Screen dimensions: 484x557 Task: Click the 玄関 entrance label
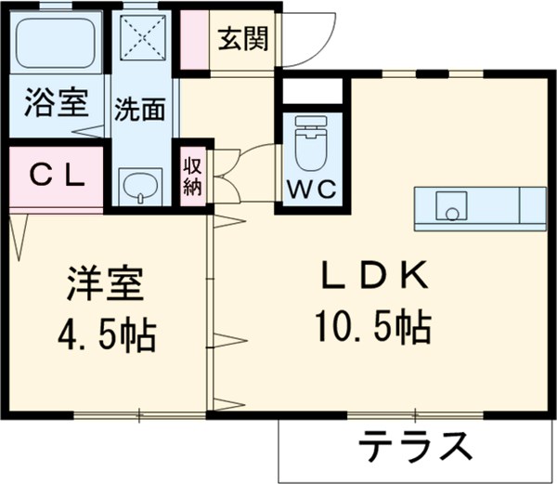(244, 39)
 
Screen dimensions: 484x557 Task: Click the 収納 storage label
(192, 176)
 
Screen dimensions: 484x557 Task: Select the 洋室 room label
(104, 283)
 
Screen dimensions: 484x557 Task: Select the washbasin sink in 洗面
(140, 186)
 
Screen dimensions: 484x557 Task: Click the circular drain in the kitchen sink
(451, 214)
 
